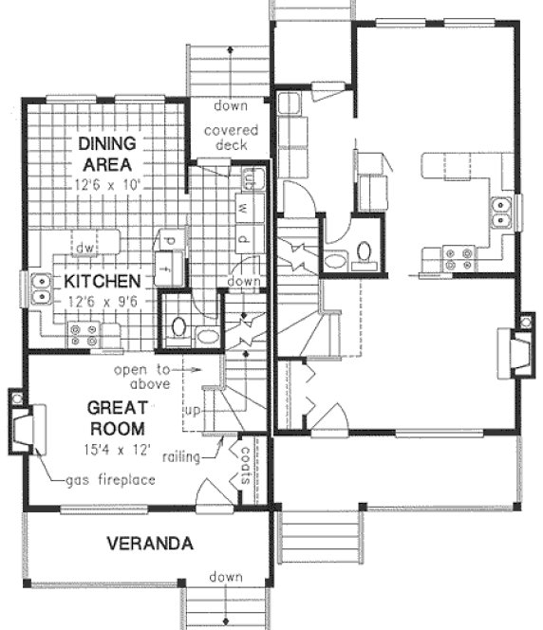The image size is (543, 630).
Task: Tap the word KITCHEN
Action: tap(103, 282)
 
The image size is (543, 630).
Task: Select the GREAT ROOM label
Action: tap(117, 417)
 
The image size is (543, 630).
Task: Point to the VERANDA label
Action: tap(150, 545)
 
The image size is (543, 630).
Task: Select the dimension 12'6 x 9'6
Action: tap(103, 303)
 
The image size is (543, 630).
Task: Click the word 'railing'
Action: tap(181, 457)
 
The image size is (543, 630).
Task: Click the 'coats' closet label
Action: tap(244, 466)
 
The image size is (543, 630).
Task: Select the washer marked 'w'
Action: tap(244, 207)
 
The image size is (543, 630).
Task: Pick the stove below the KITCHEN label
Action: tap(83, 334)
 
